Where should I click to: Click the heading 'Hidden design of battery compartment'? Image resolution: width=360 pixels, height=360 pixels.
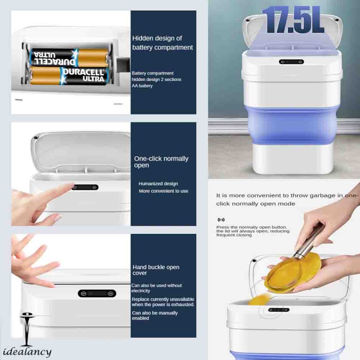pyautogui.click(x=162, y=43)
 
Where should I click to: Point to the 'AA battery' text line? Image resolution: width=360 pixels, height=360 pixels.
pyautogui.click(x=142, y=86)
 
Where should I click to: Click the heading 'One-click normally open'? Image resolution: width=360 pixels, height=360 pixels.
pyautogui.click(x=161, y=162)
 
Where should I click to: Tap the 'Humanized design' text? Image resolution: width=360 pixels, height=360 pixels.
pyautogui.click(x=158, y=184)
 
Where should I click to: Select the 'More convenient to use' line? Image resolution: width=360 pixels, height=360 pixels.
pyautogui.click(x=163, y=191)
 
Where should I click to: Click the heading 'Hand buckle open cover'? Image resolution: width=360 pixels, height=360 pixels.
pyautogui.click(x=156, y=270)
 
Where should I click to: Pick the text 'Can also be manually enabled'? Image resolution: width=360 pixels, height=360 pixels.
pyautogui.click(x=154, y=315)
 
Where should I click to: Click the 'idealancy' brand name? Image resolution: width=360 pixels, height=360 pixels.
pyautogui.click(x=27, y=352)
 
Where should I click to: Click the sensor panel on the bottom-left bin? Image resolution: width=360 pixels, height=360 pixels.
pyautogui.click(x=97, y=293)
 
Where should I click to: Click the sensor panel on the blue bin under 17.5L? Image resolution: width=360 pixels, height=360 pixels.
pyautogui.click(x=291, y=62)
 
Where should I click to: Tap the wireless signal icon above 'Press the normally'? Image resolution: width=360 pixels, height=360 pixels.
pyautogui.click(x=220, y=220)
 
